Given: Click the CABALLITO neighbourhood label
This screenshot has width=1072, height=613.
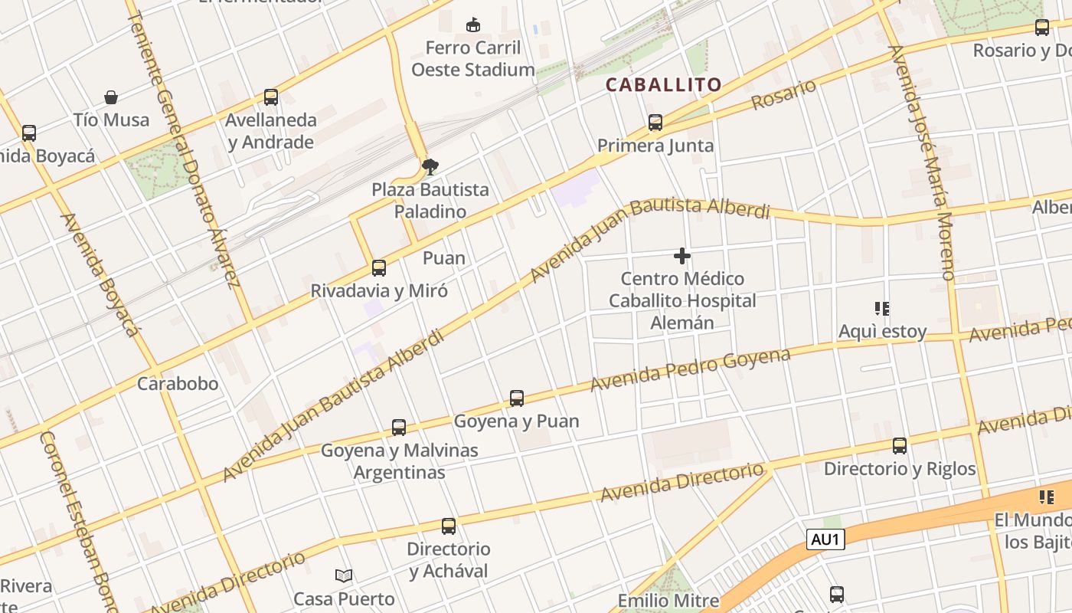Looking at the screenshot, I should click(x=664, y=84).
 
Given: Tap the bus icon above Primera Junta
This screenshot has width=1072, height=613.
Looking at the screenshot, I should click(x=655, y=123).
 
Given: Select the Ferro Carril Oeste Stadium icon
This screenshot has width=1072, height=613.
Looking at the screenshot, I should click(x=473, y=25).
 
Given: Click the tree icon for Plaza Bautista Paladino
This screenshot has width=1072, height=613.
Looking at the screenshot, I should click(x=430, y=166).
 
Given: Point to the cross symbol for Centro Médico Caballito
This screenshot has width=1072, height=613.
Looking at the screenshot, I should click(x=682, y=256).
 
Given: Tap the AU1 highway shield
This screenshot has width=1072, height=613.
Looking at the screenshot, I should click(x=825, y=539).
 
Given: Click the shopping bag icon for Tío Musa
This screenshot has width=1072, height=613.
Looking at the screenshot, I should click(x=111, y=97).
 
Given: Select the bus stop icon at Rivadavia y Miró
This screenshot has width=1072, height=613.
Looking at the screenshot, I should click(x=378, y=268).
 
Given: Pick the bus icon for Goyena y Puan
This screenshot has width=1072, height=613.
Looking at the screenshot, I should click(x=517, y=398).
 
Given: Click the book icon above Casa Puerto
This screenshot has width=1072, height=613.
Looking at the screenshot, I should click(x=345, y=575).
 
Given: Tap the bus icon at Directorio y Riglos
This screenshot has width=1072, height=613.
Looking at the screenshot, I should click(x=900, y=446).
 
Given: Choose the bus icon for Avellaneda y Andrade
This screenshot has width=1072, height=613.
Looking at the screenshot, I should click(x=271, y=97).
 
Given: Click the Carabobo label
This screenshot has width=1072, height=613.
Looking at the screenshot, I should click(x=178, y=383).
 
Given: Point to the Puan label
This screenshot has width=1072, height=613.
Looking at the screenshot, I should click(x=444, y=257).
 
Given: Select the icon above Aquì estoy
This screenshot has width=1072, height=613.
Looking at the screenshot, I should click(x=882, y=309).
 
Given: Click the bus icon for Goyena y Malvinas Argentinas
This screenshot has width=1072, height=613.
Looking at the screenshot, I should click(x=399, y=428).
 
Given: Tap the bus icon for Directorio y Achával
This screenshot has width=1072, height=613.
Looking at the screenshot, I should click(x=449, y=526).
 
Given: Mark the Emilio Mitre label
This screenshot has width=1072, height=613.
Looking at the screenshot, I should click(x=668, y=601).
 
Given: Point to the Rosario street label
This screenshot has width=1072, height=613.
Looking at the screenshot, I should click(x=783, y=94).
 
